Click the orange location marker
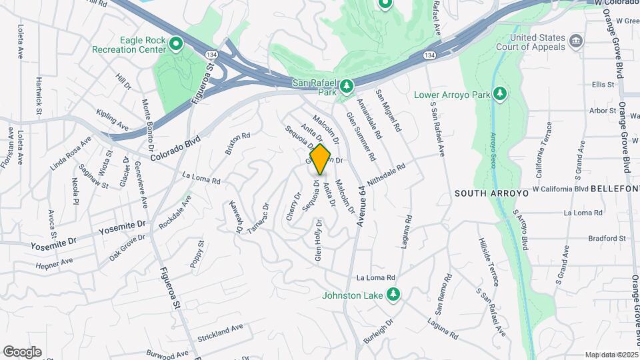(321, 159)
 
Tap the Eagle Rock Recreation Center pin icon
(176, 45)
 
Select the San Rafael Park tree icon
(346, 87)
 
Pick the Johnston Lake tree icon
(394, 295)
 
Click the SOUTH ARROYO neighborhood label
(491, 193)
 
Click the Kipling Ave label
(112, 120)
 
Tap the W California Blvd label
(561, 189)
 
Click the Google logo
(22, 352)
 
